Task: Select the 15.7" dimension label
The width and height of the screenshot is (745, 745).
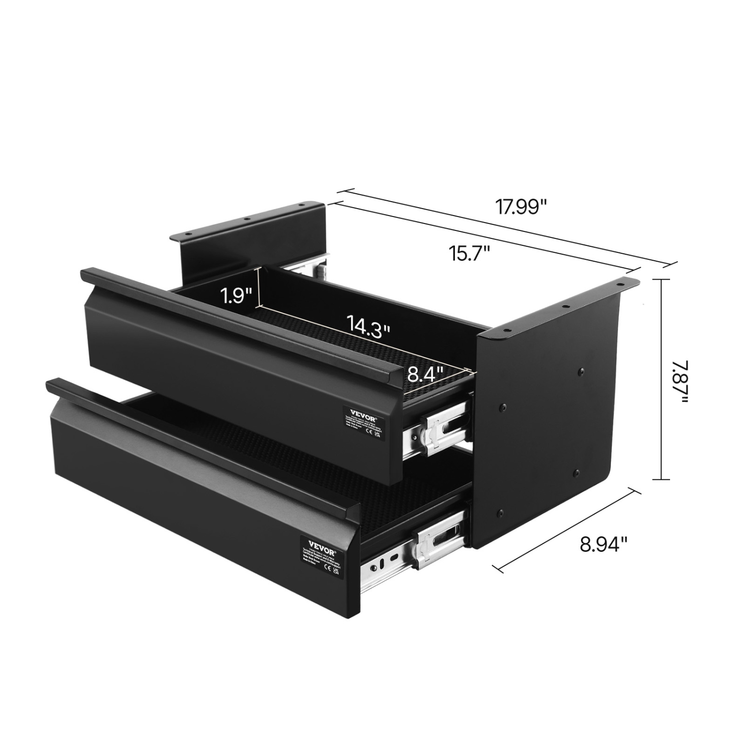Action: coord(470,255)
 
